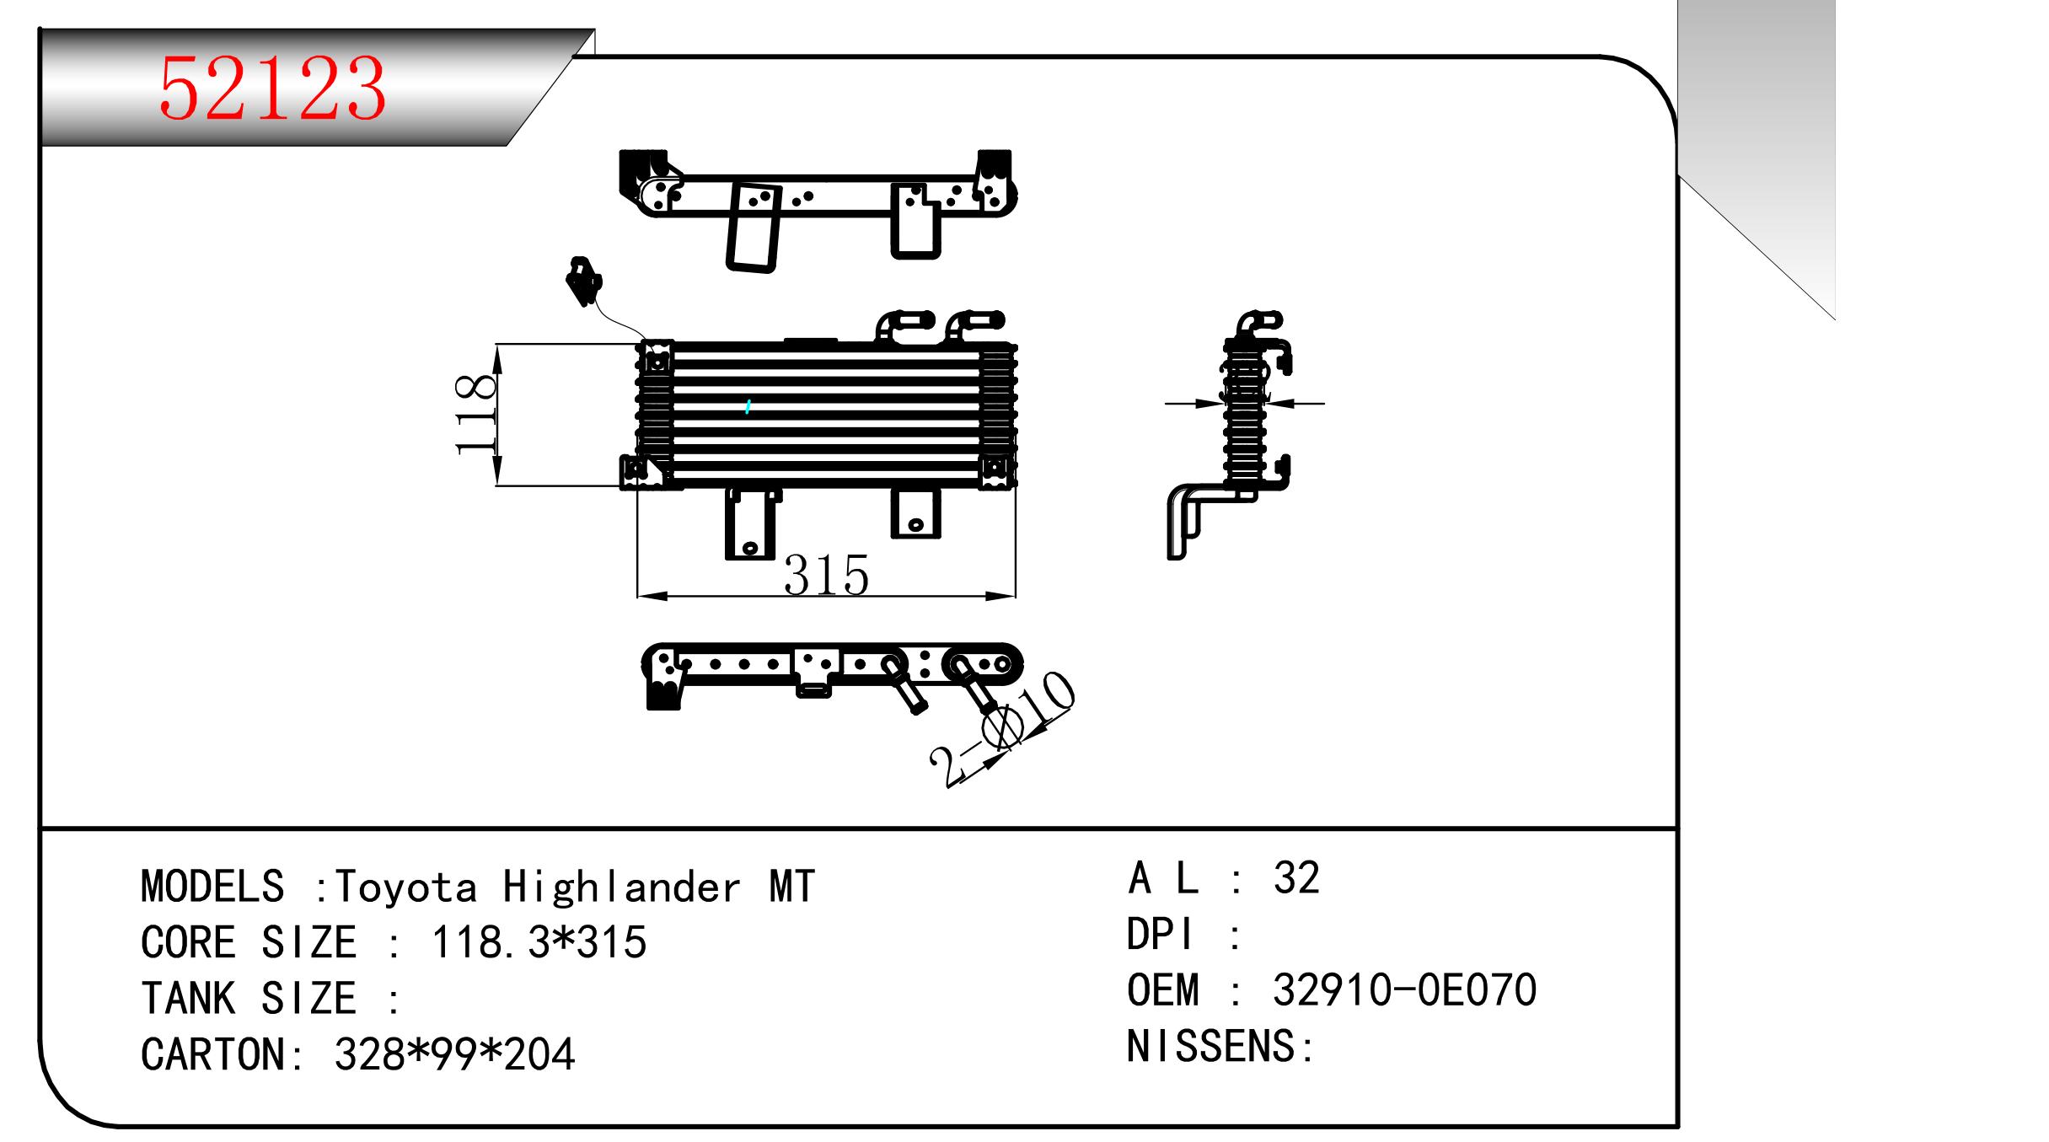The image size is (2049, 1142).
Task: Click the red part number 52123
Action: coord(272,88)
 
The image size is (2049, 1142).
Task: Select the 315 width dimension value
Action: coord(826,576)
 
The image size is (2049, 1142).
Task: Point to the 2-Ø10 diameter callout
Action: coord(1002,731)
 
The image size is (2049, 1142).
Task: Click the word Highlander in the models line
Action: coord(622,887)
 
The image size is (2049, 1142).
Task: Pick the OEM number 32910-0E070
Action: coord(1404,990)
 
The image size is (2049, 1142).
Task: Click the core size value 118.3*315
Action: coord(539,942)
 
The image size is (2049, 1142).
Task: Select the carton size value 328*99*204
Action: coord(454,1054)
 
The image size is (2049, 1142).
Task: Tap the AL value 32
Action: coord(1296,878)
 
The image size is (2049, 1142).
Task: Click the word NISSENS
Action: coord(1212,1047)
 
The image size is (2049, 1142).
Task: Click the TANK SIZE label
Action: coord(249,999)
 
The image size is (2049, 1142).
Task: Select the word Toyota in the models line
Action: coord(406,887)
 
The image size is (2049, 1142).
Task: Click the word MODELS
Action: coord(212,887)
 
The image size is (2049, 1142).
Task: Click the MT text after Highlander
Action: coord(791,887)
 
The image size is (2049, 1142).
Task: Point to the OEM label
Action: coord(1162,990)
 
